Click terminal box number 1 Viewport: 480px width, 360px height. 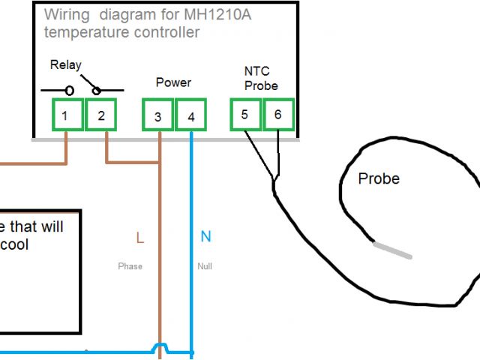pyautogui.click(x=65, y=116)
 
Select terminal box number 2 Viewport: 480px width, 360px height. pyautogui.click(x=101, y=116)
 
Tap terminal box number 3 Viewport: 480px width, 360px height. pyautogui.click(x=157, y=116)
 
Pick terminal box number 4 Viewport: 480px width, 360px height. pyautogui.click(x=191, y=116)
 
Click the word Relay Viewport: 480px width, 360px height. pyautogui.click(x=65, y=65)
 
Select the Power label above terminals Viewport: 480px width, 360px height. pyautogui.click(x=173, y=82)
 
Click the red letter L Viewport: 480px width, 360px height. pyautogui.click(x=139, y=238)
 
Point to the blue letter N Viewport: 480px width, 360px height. pyautogui.click(x=205, y=238)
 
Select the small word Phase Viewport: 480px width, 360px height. pyautogui.click(x=130, y=266)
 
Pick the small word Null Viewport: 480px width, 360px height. pyautogui.click(x=205, y=266)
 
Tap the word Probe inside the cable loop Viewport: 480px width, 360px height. pyautogui.click(x=379, y=179)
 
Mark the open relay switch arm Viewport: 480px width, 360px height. pyautogui.click(x=88, y=82)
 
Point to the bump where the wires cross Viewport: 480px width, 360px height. pyautogui.click(x=159, y=347)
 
